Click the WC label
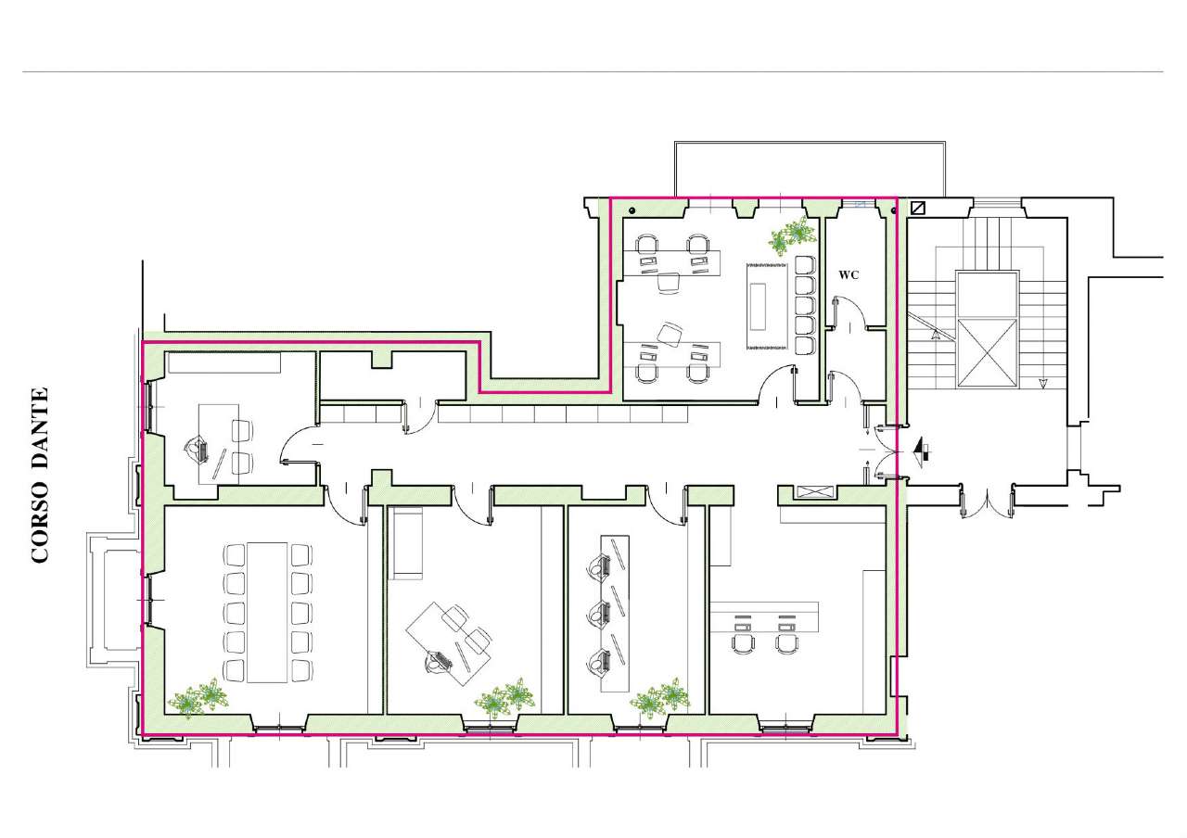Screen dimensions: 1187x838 849,275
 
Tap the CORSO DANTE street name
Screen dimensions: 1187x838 40,476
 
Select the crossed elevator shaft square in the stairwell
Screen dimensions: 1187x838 989,353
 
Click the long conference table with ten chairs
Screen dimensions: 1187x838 267,612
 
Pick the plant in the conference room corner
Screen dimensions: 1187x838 198,697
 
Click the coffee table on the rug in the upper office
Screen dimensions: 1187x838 759,306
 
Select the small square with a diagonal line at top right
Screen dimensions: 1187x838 918,208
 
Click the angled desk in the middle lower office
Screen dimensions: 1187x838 448,643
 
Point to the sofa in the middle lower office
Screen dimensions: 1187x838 407,543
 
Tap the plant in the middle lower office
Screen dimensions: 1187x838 504,698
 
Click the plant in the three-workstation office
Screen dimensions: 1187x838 660,698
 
